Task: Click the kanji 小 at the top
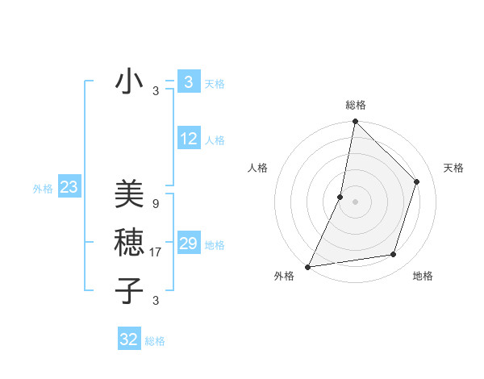pyautogui.click(x=129, y=81)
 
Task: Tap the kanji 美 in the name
pyautogui.click(x=129, y=194)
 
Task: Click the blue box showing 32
pyautogui.click(x=129, y=339)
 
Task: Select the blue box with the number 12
pyautogui.click(x=189, y=140)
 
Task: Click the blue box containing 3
pyautogui.click(x=188, y=82)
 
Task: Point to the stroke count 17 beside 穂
pyautogui.click(x=156, y=252)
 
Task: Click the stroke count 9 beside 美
pyautogui.click(x=155, y=204)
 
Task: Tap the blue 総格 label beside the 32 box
pyautogui.click(x=155, y=341)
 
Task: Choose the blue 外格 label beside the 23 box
pyautogui.click(x=43, y=189)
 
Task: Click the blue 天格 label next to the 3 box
pyautogui.click(x=215, y=84)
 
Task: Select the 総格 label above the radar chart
pyautogui.click(x=356, y=105)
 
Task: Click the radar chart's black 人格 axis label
pyautogui.click(x=257, y=168)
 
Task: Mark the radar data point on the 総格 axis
pyautogui.click(x=355, y=122)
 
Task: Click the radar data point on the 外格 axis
pyautogui.click(x=308, y=266)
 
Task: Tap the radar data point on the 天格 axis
pyautogui.click(x=417, y=181)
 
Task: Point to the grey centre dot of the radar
pyautogui.click(x=355, y=202)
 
